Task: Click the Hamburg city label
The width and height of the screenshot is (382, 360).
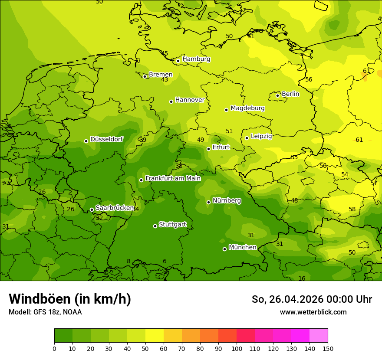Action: [x=196, y=59]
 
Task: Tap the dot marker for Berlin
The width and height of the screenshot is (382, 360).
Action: [x=278, y=95]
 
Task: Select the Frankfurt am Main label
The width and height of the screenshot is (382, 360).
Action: [x=173, y=178]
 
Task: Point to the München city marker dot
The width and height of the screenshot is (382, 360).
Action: [x=224, y=249]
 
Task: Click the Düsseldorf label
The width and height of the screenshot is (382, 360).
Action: [x=106, y=139]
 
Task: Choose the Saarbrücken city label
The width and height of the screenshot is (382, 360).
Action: [x=115, y=208]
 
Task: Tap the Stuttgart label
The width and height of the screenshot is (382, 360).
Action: [x=172, y=224]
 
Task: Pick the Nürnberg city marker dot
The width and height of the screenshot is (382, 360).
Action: [x=208, y=202]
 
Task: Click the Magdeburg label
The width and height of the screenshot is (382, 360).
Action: [x=247, y=108]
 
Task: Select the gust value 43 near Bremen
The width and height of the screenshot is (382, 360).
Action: [x=165, y=80]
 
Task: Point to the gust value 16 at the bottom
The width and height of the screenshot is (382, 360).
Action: [x=302, y=278]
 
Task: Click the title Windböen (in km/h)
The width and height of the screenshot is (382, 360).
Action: [x=70, y=299]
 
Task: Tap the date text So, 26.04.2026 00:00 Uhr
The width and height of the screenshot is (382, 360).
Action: [x=312, y=299]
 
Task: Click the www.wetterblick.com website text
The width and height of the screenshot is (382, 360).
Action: [x=313, y=312]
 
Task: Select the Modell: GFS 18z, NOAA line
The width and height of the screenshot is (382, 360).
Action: [x=45, y=312]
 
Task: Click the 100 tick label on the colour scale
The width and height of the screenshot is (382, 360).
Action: [x=237, y=349]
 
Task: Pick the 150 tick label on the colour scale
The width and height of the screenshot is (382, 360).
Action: [x=328, y=349]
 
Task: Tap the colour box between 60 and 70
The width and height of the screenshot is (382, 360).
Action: [x=173, y=336]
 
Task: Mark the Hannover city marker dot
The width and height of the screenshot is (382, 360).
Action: [x=171, y=101]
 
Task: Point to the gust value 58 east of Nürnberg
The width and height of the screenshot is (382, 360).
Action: [x=352, y=209]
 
